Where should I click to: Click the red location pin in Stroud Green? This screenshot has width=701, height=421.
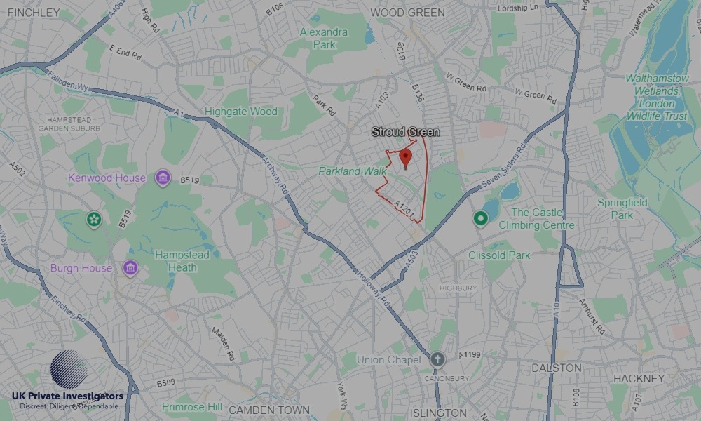coord(405,159)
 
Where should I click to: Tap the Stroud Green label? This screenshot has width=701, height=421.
coord(405,132)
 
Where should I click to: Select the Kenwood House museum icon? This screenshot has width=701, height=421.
coord(163,178)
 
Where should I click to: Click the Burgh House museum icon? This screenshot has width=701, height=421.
coord(130,268)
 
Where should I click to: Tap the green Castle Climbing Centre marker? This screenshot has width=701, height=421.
coord(480,219)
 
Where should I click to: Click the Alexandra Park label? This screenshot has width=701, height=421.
coord(324,38)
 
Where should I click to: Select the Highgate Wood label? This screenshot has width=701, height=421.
coord(240,112)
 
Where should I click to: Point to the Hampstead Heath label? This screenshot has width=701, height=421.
coord(182,261)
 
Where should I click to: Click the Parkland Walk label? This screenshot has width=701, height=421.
coord(348,171)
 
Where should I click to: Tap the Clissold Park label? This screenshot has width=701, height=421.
coord(499,255)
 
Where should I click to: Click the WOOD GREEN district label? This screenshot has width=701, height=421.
coord(407,13)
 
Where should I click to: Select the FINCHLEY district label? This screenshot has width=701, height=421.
coord(34,13)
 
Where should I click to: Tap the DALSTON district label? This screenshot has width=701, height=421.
coord(557,368)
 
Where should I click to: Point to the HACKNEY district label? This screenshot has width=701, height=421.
coord(639,378)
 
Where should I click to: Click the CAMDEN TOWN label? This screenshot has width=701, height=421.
coord(268,410)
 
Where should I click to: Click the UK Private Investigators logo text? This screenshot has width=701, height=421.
coord(67,396)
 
